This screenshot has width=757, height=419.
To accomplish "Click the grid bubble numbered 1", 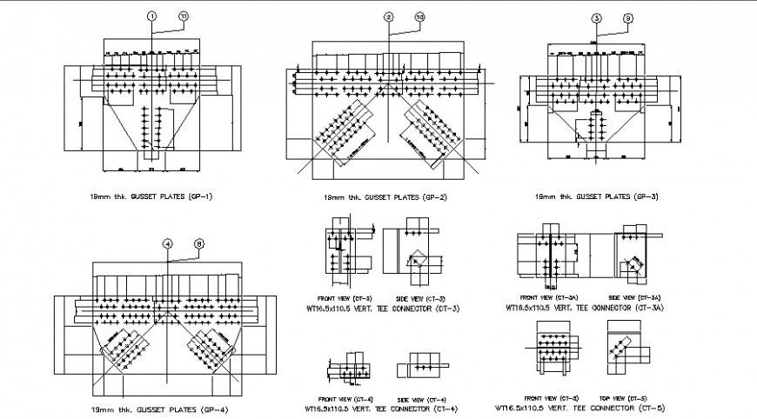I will pyautogui.click(x=151, y=17).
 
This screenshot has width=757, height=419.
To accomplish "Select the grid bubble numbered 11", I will pyautogui.click(x=183, y=17).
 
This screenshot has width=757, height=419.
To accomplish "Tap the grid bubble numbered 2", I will pyautogui.click(x=389, y=17).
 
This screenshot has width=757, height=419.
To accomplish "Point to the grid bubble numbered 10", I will pyautogui.click(x=420, y=17).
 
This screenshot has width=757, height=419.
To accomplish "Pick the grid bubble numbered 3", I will pyautogui.click(x=596, y=17).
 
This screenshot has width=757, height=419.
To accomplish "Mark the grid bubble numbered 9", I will pyautogui.click(x=628, y=17).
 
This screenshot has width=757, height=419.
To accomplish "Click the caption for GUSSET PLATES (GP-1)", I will pyautogui.click(x=151, y=196).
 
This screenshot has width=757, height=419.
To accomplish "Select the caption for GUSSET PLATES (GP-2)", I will pyautogui.click(x=385, y=197).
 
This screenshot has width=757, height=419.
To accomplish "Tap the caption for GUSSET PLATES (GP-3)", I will pyautogui.click(x=596, y=196).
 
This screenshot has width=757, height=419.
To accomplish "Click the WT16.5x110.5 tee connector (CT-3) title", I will pyautogui.click(x=382, y=308).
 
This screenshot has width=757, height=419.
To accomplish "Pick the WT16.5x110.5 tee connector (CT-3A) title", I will pyautogui.click(x=584, y=307).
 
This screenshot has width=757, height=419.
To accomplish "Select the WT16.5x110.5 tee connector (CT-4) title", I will pyautogui.click(x=381, y=408).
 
